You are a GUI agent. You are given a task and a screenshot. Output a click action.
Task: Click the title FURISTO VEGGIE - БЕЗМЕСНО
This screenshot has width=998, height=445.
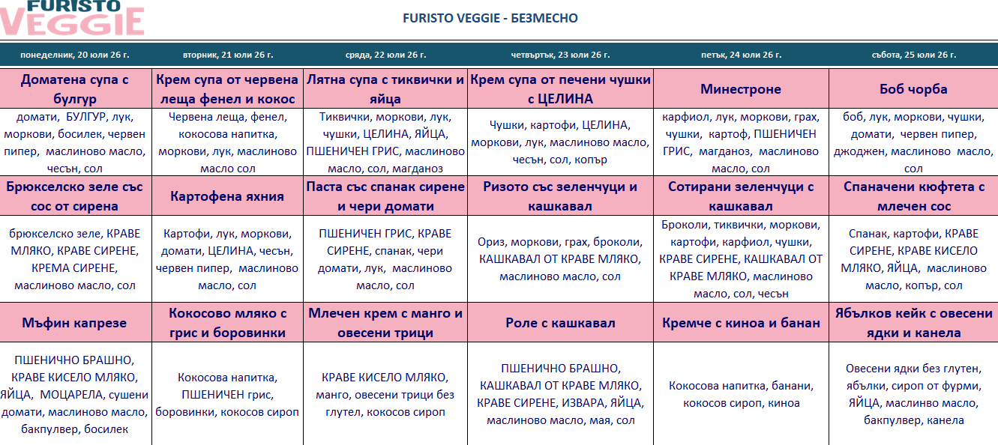pos(490,18)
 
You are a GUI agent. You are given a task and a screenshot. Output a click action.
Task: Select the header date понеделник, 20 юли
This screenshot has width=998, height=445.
pos(75,55)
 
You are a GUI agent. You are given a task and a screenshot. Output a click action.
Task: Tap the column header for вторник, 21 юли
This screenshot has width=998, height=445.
pos(228,55)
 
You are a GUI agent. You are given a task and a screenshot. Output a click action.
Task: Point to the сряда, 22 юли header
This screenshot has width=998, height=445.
pos(385,55)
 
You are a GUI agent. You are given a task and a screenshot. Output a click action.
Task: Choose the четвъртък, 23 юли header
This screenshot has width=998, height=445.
pos(560,55)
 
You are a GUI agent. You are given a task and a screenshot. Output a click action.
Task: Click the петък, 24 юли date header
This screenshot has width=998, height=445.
pos(741,55)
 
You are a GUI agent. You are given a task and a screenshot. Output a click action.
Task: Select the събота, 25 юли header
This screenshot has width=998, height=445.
pos(914,55)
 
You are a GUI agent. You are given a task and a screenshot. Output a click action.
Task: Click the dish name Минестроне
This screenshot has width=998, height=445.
pos(741,89)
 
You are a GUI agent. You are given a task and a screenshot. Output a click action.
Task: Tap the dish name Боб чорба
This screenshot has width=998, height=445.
pos(913,89)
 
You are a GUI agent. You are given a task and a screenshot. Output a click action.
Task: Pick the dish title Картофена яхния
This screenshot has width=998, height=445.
pos(227,196)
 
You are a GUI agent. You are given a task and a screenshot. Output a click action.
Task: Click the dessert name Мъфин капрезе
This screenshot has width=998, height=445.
pos(74,323)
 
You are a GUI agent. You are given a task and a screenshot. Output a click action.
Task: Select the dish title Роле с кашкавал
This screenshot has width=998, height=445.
pos(560,323)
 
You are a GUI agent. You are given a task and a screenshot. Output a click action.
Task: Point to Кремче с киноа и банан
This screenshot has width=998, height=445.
pos(741,323)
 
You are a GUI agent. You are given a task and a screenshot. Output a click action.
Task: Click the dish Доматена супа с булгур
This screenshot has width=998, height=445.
pos(75,89)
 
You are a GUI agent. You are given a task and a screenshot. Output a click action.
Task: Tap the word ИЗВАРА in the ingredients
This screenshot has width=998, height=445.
pos(583,403)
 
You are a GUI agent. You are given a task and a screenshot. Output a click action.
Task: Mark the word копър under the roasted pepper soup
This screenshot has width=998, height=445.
pos(591,160)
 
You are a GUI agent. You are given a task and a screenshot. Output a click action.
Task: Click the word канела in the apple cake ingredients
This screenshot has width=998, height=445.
pos(945,420)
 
